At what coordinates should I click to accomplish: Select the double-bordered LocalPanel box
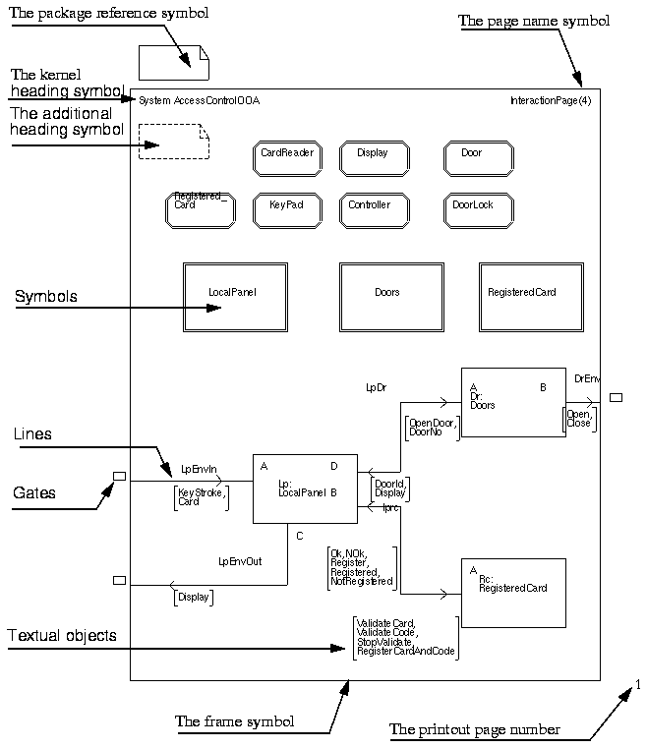tap(235, 297)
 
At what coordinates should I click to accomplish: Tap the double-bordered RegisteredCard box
tap(531, 297)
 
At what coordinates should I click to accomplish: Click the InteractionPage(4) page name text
tap(551, 101)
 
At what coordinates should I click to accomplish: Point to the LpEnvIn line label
tap(199, 469)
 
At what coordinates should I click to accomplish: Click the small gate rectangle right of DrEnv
tap(616, 397)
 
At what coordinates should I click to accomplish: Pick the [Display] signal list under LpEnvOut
tap(194, 597)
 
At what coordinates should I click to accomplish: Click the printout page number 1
tap(638, 685)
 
